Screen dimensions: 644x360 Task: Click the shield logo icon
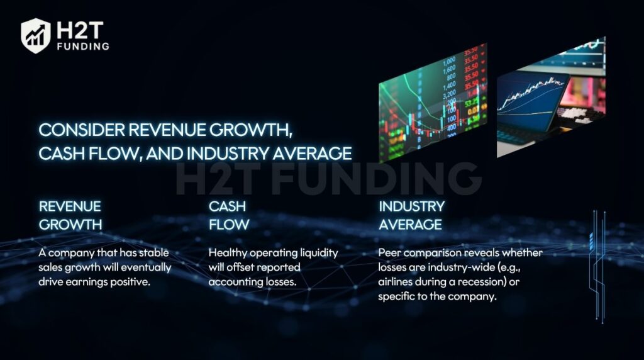coord(36,36)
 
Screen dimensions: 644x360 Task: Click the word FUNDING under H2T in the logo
coord(84,47)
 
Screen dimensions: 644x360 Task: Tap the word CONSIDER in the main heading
coord(82,130)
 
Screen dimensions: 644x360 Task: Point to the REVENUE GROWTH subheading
coord(70,215)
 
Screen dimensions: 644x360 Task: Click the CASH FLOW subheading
coord(229,215)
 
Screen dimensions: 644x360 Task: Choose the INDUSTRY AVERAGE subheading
coord(411,215)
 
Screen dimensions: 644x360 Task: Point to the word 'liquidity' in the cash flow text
coord(319,253)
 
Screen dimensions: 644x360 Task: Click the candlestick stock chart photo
coord(433,102)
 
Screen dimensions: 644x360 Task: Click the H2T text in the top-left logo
coord(80,30)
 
